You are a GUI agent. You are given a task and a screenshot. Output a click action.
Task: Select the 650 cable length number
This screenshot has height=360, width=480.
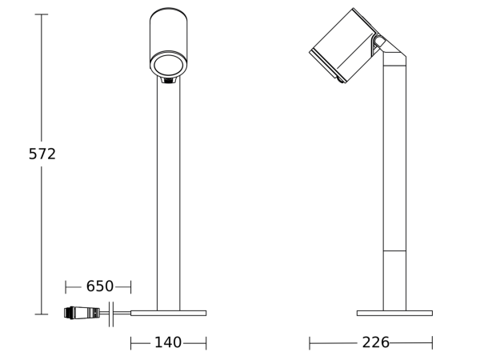[x=100, y=286]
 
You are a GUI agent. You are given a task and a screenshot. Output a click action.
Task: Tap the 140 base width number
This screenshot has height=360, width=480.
[x=168, y=342]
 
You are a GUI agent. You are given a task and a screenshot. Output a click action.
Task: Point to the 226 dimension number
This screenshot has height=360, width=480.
[x=375, y=342]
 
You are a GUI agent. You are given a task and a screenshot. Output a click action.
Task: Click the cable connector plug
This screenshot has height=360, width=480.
[x=82, y=313]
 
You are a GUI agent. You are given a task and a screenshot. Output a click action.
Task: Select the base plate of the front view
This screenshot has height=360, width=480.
[x=168, y=313]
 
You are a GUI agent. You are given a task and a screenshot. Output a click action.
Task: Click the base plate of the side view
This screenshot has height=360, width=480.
[x=394, y=313]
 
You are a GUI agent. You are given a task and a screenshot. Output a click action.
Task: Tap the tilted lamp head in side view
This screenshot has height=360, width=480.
[x=342, y=46]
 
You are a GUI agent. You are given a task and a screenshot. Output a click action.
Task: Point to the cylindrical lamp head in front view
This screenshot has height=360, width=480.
[x=168, y=36]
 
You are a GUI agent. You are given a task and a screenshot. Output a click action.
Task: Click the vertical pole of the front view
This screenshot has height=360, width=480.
[x=168, y=200]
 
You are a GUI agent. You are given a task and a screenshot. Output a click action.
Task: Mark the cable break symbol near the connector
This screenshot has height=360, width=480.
[x=111, y=314]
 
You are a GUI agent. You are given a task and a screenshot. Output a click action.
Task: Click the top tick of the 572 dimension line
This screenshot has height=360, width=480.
[x=42, y=14]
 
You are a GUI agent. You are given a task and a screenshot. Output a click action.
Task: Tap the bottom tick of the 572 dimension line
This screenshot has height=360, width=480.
[x=42, y=314]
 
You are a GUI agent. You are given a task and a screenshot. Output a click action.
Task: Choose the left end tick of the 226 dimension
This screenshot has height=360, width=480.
[x=310, y=343]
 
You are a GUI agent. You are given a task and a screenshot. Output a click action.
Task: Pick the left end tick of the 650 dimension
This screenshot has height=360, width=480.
[x=66, y=286]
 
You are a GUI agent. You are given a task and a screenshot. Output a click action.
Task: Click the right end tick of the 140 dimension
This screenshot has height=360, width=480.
[x=206, y=343]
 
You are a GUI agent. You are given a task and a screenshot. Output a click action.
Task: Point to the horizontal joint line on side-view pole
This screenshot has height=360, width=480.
[x=394, y=251]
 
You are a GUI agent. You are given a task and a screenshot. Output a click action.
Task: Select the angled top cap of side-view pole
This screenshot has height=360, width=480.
[x=394, y=58]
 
